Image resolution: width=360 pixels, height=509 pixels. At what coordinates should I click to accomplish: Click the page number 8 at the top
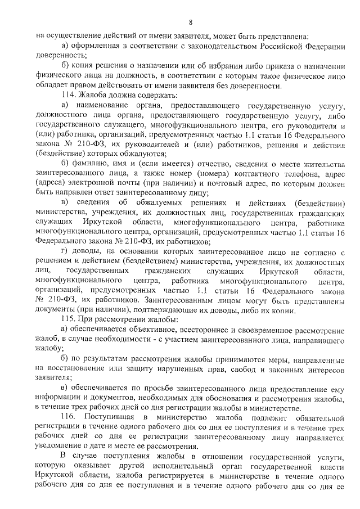point(191,22)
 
